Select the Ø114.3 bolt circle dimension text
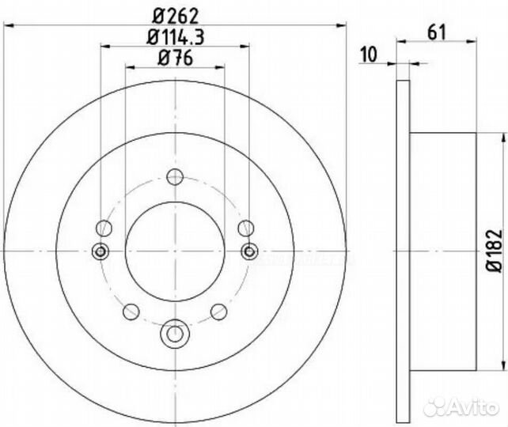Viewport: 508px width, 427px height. (175, 36)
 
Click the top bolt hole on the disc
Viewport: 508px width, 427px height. (175, 179)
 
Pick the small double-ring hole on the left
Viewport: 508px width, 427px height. (100, 251)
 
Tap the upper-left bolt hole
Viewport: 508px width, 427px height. (103, 229)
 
